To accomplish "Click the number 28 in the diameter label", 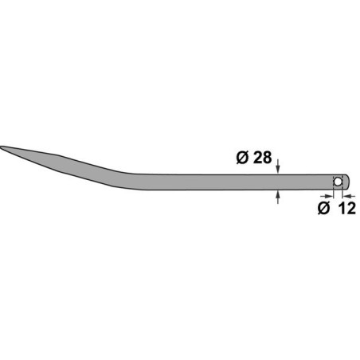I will coord(262,158).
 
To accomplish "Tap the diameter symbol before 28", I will coord(243,158).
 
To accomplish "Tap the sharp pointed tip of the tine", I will coord(3,147).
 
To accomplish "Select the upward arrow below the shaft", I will coord(277,195).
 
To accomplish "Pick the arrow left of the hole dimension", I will coord(329,192).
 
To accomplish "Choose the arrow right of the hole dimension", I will coord(348,192).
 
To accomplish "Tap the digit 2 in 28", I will coord(256,158).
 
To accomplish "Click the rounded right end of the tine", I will coord(349,182).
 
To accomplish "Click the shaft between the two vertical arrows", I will coord(277,182).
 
